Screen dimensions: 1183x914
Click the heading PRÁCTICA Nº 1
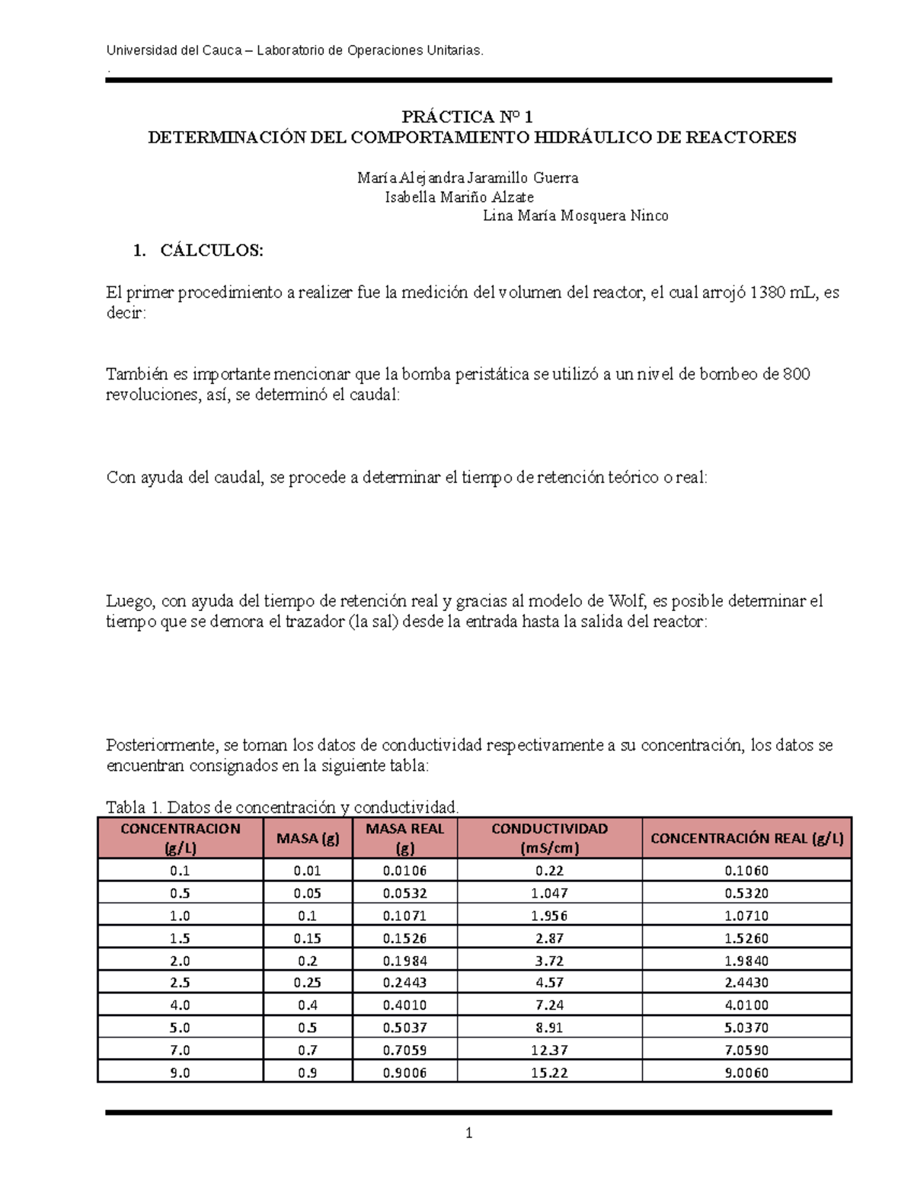tap(467, 117)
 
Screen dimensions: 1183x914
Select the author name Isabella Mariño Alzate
tap(459, 197)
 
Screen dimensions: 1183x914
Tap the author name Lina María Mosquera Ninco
tap(575, 216)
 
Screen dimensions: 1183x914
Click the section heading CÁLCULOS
tap(211, 251)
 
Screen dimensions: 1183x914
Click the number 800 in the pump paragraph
tap(796, 374)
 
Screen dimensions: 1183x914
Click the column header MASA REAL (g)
tap(404, 838)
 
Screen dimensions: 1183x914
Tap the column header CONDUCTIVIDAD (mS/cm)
tap(549, 838)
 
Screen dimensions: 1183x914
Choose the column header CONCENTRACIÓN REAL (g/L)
tap(746, 839)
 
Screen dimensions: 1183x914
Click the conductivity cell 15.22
tap(549, 1073)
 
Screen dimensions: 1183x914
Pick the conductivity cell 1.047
tap(549, 893)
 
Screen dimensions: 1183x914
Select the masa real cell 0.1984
tap(404, 961)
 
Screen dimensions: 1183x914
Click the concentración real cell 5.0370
tap(746, 1028)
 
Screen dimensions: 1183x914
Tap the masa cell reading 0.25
tap(308, 983)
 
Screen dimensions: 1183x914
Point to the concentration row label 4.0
tap(180, 1006)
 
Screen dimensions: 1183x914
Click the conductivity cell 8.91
tap(549, 1028)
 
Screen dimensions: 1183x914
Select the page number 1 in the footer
tap(468, 1133)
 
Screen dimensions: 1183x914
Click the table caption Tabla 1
tap(133, 807)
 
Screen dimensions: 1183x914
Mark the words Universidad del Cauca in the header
tap(172, 51)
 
